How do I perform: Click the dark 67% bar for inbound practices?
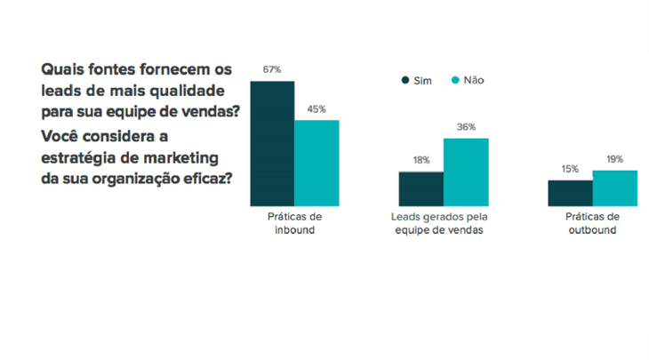(x=272, y=143)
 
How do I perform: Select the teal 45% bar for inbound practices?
(x=316, y=163)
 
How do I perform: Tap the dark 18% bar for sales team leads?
(x=421, y=188)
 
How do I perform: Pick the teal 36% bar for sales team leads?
(x=466, y=172)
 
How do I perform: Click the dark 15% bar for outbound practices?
(x=570, y=193)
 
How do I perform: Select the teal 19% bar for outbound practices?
(x=615, y=188)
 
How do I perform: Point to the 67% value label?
(x=272, y=69)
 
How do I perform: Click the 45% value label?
(x=316, y=109)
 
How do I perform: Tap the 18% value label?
(x=421, y=161)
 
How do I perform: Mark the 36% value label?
(x=466, y=127)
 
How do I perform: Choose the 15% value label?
(x=570, y=169)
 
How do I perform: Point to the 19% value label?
(x=615, y=159)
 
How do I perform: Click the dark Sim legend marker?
(x=406, y=80)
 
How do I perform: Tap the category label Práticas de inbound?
(x=294, y=223)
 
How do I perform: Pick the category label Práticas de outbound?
(x=592, y=223)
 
